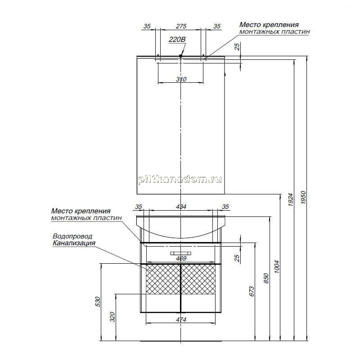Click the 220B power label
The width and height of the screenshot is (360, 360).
point(177,40)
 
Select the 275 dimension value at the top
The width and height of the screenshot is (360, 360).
point(181,26)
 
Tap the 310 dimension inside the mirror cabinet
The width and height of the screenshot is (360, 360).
point(181,79)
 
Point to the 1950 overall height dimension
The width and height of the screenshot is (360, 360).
point(303,198)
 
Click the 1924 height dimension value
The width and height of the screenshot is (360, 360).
point(290,199)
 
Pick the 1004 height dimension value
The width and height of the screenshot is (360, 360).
point(277,266)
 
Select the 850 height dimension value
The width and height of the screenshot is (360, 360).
point(266,278)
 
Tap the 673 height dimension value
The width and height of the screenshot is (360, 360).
point(252,291)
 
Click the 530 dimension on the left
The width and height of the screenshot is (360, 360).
point(98,301)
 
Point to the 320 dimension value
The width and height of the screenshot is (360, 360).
point(112,317)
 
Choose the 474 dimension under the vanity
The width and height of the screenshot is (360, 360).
point(181,319)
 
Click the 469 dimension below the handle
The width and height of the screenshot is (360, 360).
point(181,258)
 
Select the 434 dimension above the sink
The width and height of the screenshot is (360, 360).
point(181,207)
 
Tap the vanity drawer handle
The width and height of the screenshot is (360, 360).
point(181,253)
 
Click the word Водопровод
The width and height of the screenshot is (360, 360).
point(72,236)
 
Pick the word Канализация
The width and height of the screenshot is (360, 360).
point(74,243)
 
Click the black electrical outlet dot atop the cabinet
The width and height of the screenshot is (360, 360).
point(181,56)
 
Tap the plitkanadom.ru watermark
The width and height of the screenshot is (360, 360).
point(180,180)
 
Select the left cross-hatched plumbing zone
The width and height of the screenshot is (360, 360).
point(163,279)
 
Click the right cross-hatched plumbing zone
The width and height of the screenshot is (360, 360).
point(198,279)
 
